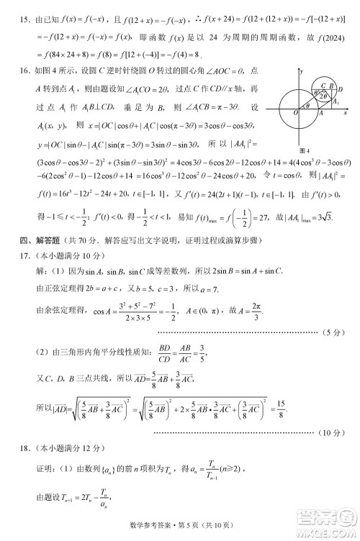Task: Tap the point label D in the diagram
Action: (341, 91)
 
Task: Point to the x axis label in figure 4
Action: (346, 113)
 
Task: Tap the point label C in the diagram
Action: (323, 86)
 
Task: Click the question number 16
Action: (22, 72)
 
